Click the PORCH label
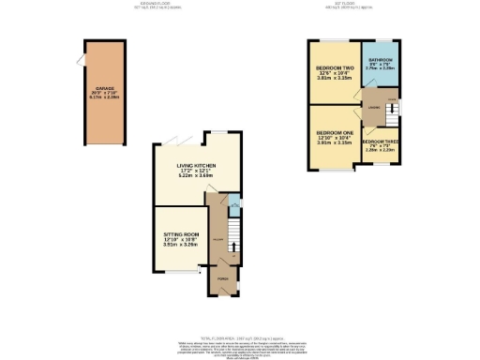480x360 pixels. pyautogui.click(x=223, y=280)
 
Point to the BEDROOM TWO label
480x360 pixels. pyautogui.click(x=334, y=69)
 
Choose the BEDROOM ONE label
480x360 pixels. pyautogui.click(x=334, y=133)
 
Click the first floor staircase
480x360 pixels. pyautogui.click(x=392, y=112)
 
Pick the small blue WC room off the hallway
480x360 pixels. pyautogui.click(x=232, y=203)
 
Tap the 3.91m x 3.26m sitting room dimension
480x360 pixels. pyautogui.click(x=182, y=244)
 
